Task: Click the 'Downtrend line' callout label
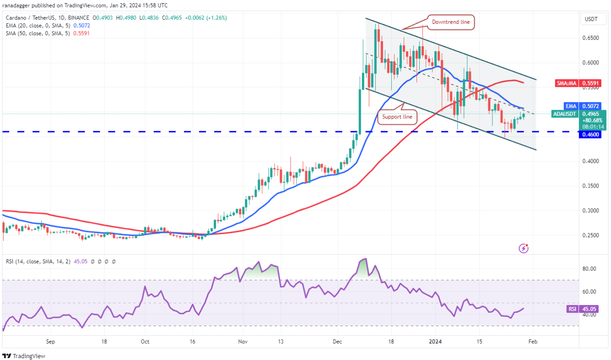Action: pos(451,21)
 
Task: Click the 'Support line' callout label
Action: pos(398,117)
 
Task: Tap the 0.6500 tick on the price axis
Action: pos(590,38)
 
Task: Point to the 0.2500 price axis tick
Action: pos(590,236)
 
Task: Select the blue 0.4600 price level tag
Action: pos(590,135)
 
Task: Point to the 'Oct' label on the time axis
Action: pos(145,342)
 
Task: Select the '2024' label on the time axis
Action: pos(435,342)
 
